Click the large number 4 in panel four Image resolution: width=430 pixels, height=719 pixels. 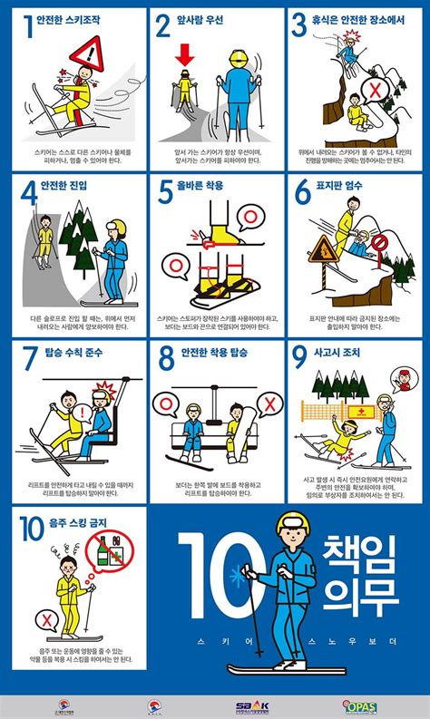point(29,193)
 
